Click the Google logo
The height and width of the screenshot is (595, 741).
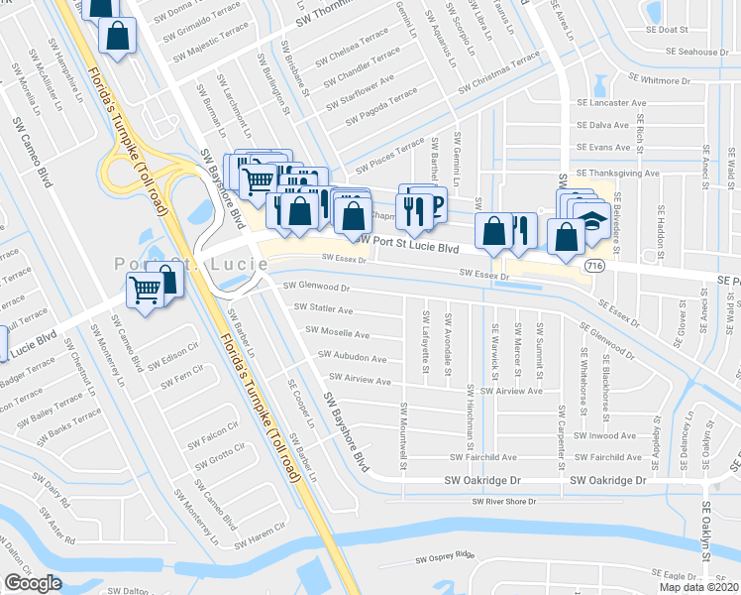click(33, 583)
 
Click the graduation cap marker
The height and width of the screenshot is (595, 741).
click(592, 219)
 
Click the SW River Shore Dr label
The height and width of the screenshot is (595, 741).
click(503, 502)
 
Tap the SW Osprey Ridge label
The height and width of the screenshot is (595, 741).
click(446, 558)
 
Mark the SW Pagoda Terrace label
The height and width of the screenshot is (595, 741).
click(382, 107)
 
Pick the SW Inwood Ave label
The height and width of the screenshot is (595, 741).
click(604, 435)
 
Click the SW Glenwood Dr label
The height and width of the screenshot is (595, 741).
click(317, 286)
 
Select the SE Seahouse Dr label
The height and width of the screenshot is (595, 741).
click(697, 52)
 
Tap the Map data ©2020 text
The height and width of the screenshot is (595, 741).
click(697, 587)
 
